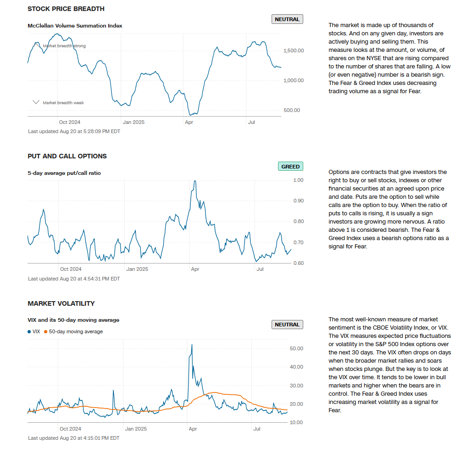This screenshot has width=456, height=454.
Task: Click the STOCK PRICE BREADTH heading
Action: (x=66, y=9)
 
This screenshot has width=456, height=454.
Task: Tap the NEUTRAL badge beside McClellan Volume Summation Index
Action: (x=287, y=19)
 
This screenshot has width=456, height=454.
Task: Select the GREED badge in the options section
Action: (x=290, y=167)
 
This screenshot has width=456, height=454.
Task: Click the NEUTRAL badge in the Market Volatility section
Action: (x=287, y=325)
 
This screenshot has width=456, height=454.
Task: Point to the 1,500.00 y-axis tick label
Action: (x=294, y=50)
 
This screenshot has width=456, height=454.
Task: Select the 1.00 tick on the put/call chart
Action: (x=298, y=180)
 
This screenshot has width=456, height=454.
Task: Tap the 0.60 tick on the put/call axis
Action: (x=298, y=263)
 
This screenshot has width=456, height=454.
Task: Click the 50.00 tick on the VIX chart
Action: (x=297, y=348)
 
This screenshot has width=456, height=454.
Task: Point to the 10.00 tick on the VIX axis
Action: (x=297, y=422)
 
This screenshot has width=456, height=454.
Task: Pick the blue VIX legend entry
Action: (x=34, y=331)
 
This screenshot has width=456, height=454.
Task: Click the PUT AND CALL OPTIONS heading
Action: (x=67, y=156)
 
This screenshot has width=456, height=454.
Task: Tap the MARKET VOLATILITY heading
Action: (x=61, y=303)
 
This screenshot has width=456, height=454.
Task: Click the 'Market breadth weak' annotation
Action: (x=63, y=103)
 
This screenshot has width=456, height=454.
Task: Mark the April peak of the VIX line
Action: (x=192, y=344)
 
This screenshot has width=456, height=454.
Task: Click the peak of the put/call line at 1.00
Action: (x=195, y=181)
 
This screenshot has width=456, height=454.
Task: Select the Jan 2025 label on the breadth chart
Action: (x=133, y=122)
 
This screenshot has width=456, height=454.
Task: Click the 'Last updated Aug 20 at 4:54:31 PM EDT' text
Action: (x=74, y=279)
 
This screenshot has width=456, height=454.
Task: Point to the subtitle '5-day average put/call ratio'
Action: (x=64, y=173)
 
